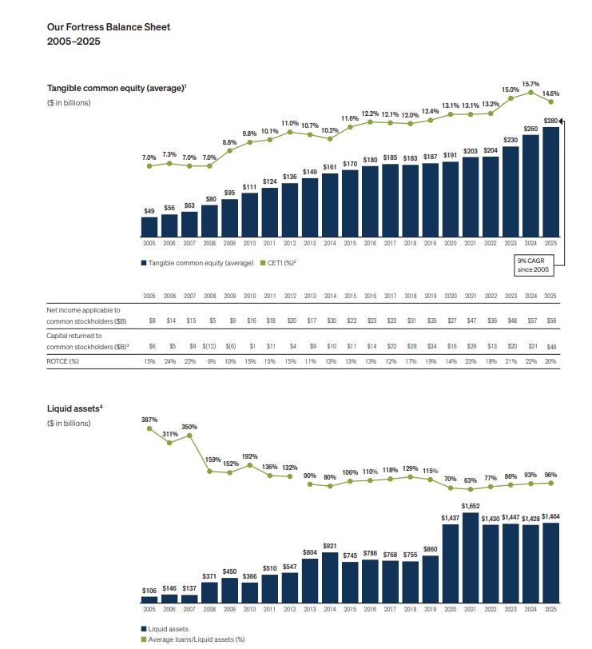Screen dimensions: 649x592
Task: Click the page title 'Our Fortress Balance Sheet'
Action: (109, 27)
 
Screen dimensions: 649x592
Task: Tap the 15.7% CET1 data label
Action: (530, 83)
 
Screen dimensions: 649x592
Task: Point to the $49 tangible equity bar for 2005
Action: (149, 228)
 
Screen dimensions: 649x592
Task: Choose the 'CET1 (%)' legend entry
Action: (279, 263)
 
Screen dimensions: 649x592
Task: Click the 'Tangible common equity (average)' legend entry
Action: (197, 263)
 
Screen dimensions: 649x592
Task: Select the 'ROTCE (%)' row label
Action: (63, 361)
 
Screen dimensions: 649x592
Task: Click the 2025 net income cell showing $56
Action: (551, 320)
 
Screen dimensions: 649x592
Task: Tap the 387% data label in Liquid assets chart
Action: (149, 420)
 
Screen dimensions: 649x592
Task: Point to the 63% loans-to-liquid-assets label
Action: (471, 480)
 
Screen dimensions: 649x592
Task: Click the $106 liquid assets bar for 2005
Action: (149, 599)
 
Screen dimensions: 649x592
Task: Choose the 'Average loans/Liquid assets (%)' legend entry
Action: (196, 639)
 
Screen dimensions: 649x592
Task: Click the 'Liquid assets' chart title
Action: (74, 408)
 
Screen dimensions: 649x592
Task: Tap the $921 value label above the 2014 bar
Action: (330, 545)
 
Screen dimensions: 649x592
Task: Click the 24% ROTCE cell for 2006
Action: (169, 361)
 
